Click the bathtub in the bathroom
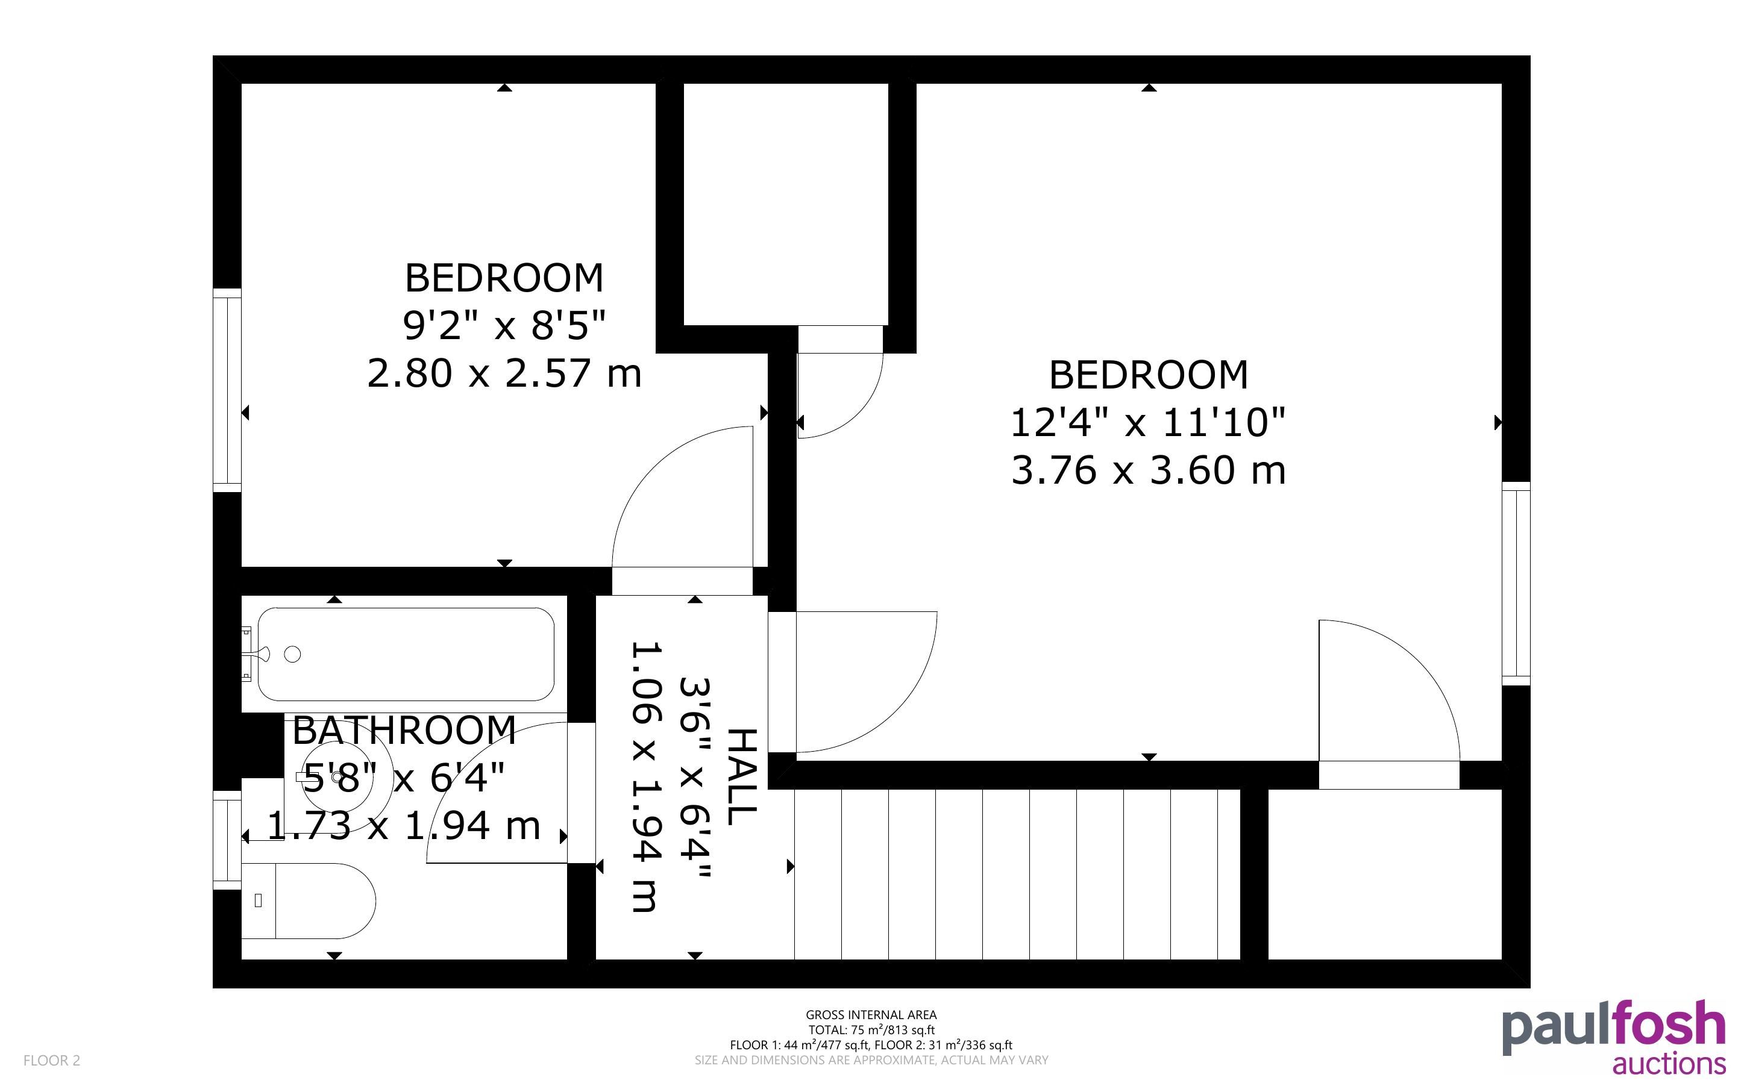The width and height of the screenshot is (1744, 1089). (x=406, y=654)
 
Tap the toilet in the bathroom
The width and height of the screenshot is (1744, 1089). (x=309, y=901)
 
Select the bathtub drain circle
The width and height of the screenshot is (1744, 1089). (x=292, y=654)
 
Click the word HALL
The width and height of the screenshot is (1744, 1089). (x=742, y=776)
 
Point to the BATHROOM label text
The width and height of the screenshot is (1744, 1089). (x=404, y=731)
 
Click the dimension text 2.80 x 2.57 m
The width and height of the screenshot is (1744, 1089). (x=504, y=373)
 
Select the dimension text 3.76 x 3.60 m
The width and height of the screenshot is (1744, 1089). (x=1148, y=470)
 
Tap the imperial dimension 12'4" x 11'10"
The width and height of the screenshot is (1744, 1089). (x=1148, y=422)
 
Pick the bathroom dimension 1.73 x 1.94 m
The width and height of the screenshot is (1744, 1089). (x=404, y=825)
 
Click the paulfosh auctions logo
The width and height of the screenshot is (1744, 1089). (x=1614, y=1037)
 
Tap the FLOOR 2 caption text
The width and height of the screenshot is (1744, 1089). (x=52, y=1060)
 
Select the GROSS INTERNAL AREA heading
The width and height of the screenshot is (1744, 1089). (x=871, y=1015)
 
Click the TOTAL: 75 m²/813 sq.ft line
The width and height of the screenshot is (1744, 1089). (x=871, y=1030)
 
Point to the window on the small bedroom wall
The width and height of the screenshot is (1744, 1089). (x=227, y=390)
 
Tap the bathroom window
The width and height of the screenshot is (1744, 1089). (x=227, y=840)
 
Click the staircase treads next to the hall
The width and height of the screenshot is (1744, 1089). (x=1017, y=875)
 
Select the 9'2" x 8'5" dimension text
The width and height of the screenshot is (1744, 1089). (x=504, y=325)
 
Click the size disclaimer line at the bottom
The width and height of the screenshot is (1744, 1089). (x=871, y=1060)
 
